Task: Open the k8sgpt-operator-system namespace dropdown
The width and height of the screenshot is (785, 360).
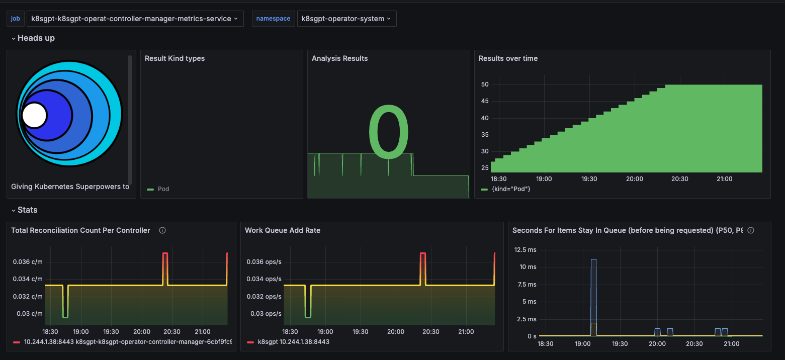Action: pos(346,19)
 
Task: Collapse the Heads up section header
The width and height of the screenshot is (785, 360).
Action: pos(33,38)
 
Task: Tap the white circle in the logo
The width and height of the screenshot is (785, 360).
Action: pos(34,115)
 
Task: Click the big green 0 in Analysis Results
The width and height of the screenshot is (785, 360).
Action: pos(388,132)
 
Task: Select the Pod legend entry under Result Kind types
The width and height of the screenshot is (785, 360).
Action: pos(163,189)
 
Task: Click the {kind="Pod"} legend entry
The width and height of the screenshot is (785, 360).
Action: pos(510,189)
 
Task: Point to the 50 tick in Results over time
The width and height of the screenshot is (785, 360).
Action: pos(485,84)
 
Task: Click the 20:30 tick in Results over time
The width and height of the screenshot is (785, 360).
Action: pos(679,179)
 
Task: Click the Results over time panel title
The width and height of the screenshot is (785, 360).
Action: pos(508,58)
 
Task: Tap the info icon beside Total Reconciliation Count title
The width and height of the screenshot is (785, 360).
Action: pos(162,230)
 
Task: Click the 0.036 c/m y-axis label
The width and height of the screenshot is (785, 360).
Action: pos(27,261)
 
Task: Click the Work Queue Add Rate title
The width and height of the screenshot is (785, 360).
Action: pos(282,230)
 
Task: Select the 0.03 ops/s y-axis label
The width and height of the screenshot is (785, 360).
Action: pos(264,314)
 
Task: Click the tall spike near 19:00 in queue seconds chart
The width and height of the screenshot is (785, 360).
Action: pos(593,292)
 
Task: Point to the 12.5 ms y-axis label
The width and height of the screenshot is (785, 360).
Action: pos(526,250)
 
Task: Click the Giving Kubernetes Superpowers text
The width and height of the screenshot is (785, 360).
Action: pos(70,187)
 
